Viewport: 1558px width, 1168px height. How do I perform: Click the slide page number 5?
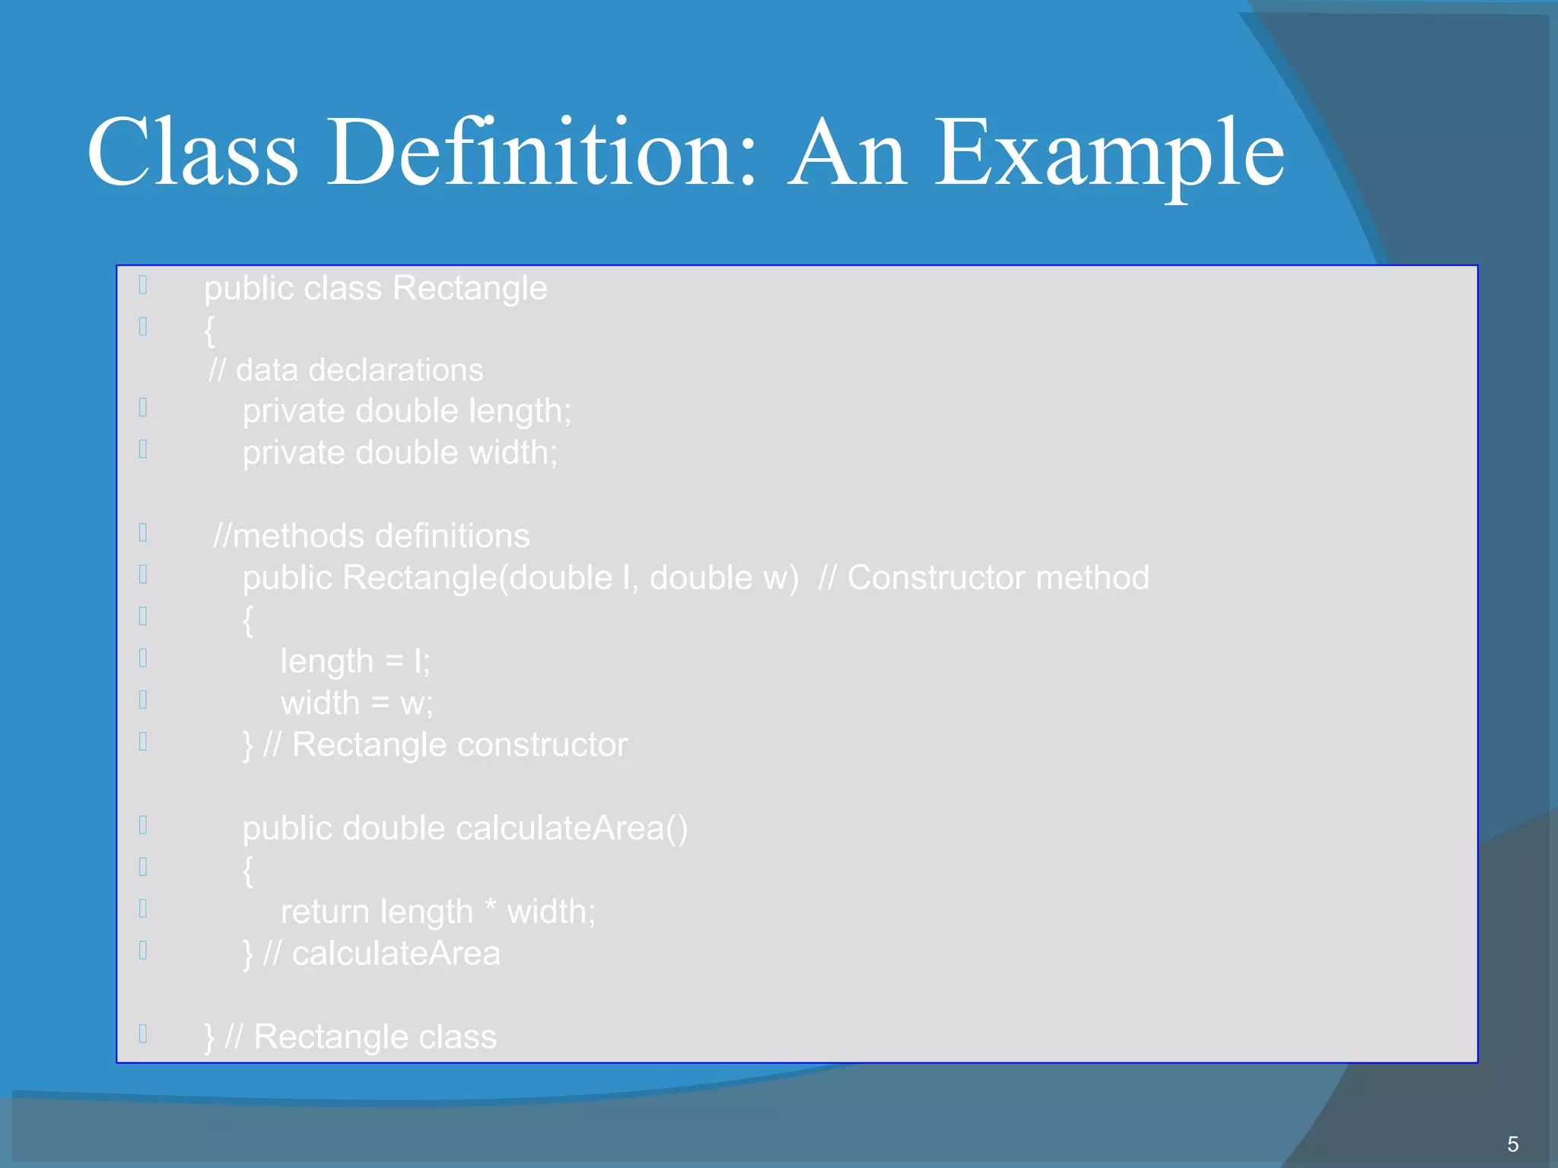(x=1512, y=1144)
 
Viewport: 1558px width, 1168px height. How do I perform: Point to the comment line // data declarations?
(x=346, y=370)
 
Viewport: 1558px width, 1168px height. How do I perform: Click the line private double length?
(x=406, y=411)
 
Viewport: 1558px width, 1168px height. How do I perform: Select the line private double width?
(x=399, y=453)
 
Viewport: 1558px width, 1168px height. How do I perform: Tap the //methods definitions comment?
(x=371, y=536)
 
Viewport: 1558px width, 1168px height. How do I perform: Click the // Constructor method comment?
(x=984, y=578)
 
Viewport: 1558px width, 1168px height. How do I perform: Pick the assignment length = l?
(x=355, y=662)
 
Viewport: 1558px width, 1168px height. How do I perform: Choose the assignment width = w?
(x=356, y=703)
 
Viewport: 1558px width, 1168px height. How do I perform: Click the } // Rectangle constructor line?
(x=435, y=745)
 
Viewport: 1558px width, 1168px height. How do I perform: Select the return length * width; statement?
(x=438, y=912)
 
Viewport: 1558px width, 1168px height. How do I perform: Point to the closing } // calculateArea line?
(x=371, y=954)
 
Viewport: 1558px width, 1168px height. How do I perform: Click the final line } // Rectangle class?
(x=350, y=1037)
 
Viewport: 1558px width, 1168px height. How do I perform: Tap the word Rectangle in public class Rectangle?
(x=469, y=288)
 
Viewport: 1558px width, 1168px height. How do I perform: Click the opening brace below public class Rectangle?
(x=209, y=330)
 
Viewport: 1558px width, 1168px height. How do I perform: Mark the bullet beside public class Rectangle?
(x=143, y=284)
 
